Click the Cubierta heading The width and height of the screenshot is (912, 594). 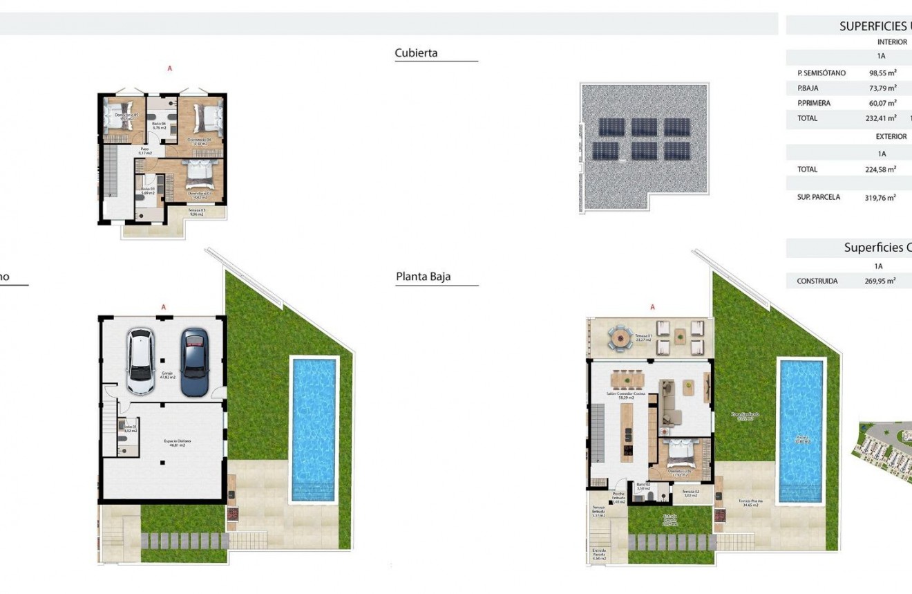pos(416,53)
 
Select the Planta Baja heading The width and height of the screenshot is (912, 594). pos(423,277)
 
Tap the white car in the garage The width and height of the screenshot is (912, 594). pos(140,361)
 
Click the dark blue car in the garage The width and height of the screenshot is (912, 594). pos(194,361)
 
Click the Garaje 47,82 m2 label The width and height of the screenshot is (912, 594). pos(168,376)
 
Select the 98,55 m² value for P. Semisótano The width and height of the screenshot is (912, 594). pos(882,73)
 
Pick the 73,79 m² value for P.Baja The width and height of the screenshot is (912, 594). pos(882,88)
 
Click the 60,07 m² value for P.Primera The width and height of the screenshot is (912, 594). pos(882,103)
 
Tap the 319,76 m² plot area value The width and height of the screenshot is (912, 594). pos(880,197)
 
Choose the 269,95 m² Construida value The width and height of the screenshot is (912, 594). pos(880,281)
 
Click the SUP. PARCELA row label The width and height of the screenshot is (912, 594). pos(819,197)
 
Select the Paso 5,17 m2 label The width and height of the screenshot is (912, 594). pos(145,150)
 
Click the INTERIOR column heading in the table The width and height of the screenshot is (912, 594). pos(891,42)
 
